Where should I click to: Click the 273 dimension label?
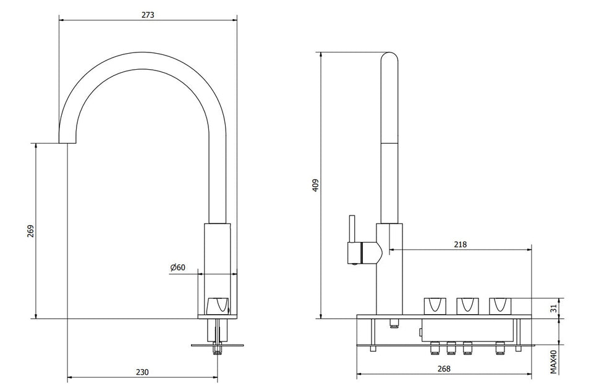(x=148, y=15)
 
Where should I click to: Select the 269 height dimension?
(x=30, y=231)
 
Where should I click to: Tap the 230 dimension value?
(x=142, y=372)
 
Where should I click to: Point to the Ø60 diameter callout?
(x=177, y=267)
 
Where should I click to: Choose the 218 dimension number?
(x=460, y=244)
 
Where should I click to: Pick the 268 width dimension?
(x=443, y=369)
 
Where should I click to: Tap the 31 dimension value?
(x=554, y=307)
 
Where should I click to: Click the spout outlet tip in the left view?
(x=67, y=142)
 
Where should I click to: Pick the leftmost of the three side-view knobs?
(x=434, y=305)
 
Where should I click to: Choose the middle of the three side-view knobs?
(x=467, y=305)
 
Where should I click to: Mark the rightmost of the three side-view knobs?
(x=501, y=305)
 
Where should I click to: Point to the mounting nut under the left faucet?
(x=216, y=351)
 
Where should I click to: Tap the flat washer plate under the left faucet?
(x=216, y=344)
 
